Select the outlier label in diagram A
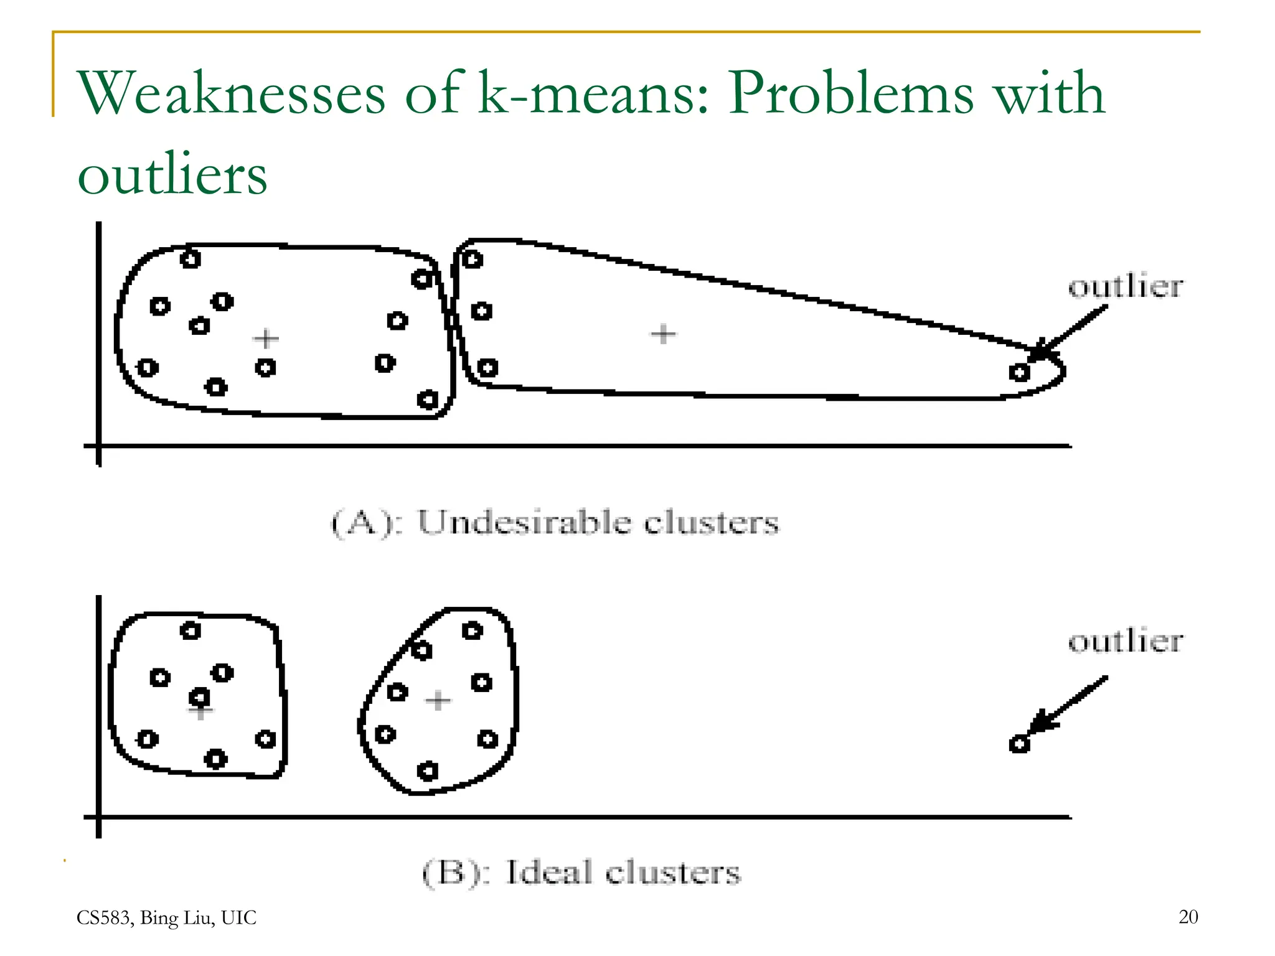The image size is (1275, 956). point(1126,287)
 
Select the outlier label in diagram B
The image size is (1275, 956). point(1126,641)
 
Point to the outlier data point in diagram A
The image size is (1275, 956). point(1019,372)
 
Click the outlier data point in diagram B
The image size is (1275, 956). point(1019,743)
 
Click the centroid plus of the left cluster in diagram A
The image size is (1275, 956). point(266,339)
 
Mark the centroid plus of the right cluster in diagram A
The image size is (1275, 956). point(663,334)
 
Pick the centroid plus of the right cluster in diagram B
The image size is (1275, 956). point(438,700)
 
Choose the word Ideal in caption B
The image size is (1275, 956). point(548,872)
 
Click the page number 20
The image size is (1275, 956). point(1188,917)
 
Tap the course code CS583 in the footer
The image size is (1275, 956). point(103,917)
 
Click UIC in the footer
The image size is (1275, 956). point(239,917)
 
